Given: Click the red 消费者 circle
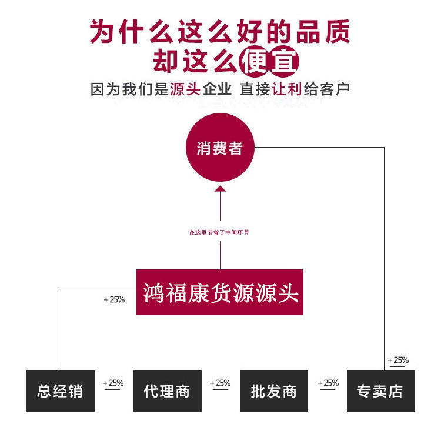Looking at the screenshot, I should pyautogui.click(x=220, y=147).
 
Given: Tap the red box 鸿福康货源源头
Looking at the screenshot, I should pyautogui.click(x=220, y=292).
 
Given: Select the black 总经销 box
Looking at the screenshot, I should pyautogui.click(x=59, y=391).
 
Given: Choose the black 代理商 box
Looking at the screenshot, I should pyautogui.click(x=167, y=391).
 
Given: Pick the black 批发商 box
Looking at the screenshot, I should pyautogui.click(x=274, y=391).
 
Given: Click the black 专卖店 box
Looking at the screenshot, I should pyautogui.click(x=380, y=391).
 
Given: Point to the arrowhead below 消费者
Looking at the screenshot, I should pyautogui.click(x=220, y=189).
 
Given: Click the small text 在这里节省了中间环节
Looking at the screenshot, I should pyautogui.click(x=219, y=233).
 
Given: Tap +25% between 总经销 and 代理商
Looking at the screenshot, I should pyautogui.click(x=113, y=383).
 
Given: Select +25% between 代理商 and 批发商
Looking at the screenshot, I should pyautogui.click(x=220, y=383).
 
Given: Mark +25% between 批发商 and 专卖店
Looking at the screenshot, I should pyautogui.click(x=328, y=383).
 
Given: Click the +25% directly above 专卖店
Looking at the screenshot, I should pyautogui.click(x=398, y=360).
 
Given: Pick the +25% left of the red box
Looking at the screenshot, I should pyautogui.click(x=114, y=299).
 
